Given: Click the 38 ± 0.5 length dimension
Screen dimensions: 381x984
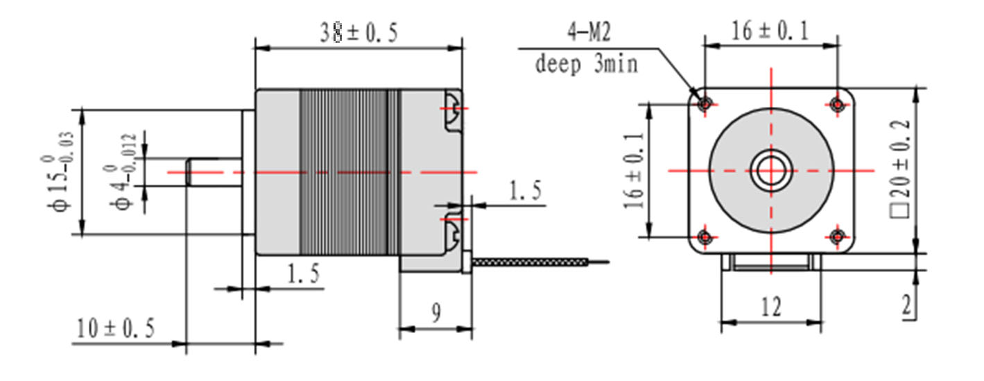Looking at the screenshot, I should (x=359, y=33).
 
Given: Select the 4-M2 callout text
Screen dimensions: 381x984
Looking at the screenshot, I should (x=587, y=32).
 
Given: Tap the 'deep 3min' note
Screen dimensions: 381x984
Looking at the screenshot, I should (x=586, y=65).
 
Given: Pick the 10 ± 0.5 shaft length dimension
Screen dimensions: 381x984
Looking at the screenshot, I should (x=115, y=328).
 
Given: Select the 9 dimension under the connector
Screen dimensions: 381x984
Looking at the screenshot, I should (x=435, y=314).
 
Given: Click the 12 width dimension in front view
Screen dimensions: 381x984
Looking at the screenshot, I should (x=770, y=307).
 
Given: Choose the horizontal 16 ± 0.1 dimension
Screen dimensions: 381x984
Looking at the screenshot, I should (x=770, y=31).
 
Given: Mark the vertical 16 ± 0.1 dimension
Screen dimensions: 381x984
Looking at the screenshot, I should (x=633, y=171).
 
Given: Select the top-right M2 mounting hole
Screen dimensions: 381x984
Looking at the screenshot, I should (x=837, y=104).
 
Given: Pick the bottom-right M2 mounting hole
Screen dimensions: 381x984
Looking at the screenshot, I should (x=837, y=237).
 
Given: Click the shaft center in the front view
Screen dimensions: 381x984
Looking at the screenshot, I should (x=770, y=171).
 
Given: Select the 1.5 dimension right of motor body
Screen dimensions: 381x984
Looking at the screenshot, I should (x=525, y=192).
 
